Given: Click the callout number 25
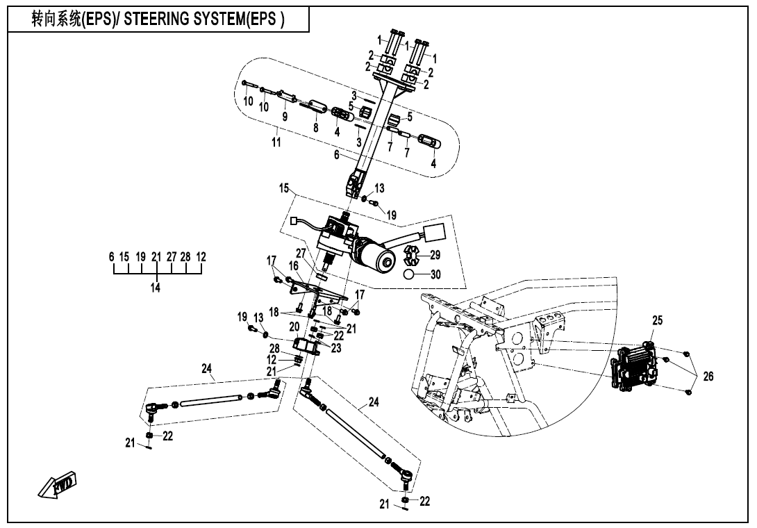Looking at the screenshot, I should tap(657, 320).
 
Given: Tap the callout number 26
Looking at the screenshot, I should tap(708, 376).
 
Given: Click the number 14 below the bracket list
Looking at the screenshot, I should tap(155, 287).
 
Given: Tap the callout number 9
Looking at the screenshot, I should tap(285, 116).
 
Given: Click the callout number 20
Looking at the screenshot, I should tap(294, 326).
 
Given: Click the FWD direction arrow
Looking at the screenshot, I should tap(58, 486).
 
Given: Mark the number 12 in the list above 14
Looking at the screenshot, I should tap(201, 256).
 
